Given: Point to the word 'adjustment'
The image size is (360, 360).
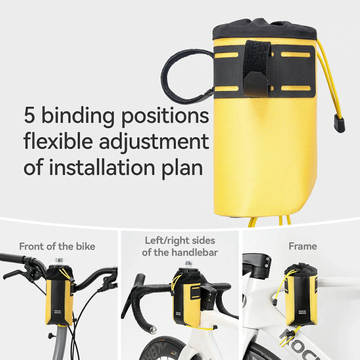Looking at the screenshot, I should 154,142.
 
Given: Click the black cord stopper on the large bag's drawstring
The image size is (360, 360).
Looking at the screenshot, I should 339,124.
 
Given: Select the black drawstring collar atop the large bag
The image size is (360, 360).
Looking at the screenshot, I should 265,29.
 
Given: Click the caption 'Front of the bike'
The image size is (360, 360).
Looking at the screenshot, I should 57,246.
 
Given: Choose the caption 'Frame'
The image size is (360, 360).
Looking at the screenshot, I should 303,246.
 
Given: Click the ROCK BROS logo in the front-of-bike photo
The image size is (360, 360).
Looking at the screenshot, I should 58,312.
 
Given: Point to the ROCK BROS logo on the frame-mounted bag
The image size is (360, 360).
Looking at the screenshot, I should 302,312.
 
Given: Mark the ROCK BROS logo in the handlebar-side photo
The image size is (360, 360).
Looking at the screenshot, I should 178,314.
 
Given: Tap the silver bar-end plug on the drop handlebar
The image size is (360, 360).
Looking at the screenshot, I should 153,329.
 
